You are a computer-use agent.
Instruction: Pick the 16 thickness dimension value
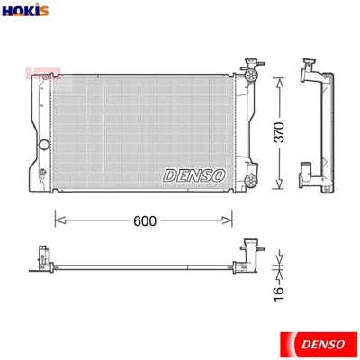[x=278, y=289]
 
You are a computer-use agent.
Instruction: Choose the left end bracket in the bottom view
[x=41, y=258]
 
